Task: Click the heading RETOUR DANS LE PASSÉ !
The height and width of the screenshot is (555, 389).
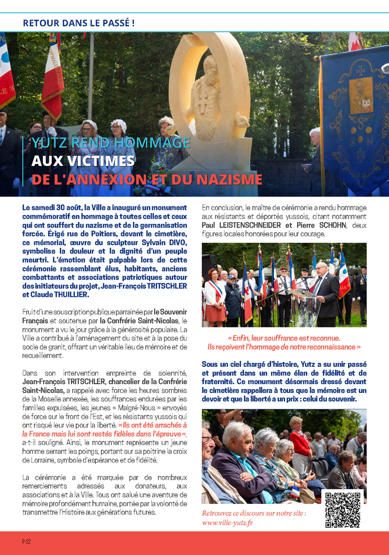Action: [x=78, y=23]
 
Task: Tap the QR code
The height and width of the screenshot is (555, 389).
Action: [x=344, y=509]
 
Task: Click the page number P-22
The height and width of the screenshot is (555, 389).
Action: [x=26, y=541]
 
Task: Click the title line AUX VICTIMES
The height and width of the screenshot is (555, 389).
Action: [x=83, y=161]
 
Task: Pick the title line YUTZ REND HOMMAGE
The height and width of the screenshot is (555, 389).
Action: [x=110, y=143]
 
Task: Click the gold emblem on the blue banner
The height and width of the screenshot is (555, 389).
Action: [x=361, y=95]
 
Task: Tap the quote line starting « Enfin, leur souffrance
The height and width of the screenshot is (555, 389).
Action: [x=284, y=338]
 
